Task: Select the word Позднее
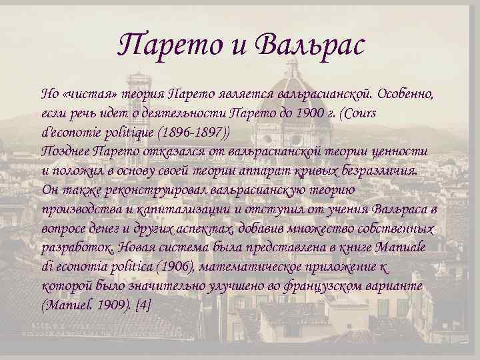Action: (65, 151)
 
